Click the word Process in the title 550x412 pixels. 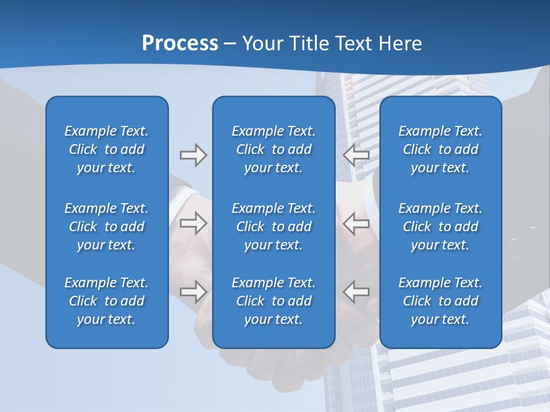pos(180,43)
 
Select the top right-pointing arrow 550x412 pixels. pos(193,155)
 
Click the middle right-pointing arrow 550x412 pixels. pos(193,223)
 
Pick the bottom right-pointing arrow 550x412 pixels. pos(193,291)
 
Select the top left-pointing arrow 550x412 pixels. pos(356,155)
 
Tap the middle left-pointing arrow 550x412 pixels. pos(356,223)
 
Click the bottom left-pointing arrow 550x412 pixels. pos(356,291)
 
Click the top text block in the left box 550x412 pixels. pos(107,149)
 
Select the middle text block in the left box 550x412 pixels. pos(107,227)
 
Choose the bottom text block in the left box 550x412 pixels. pos(107,301)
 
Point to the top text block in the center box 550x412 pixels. pos(273,149)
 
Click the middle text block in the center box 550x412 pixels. pos(273,227)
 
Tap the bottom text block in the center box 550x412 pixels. pos(273,301)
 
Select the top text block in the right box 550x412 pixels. pos(440,149)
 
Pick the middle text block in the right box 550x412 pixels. pos(440,227)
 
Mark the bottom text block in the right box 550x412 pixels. pos(440,301)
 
